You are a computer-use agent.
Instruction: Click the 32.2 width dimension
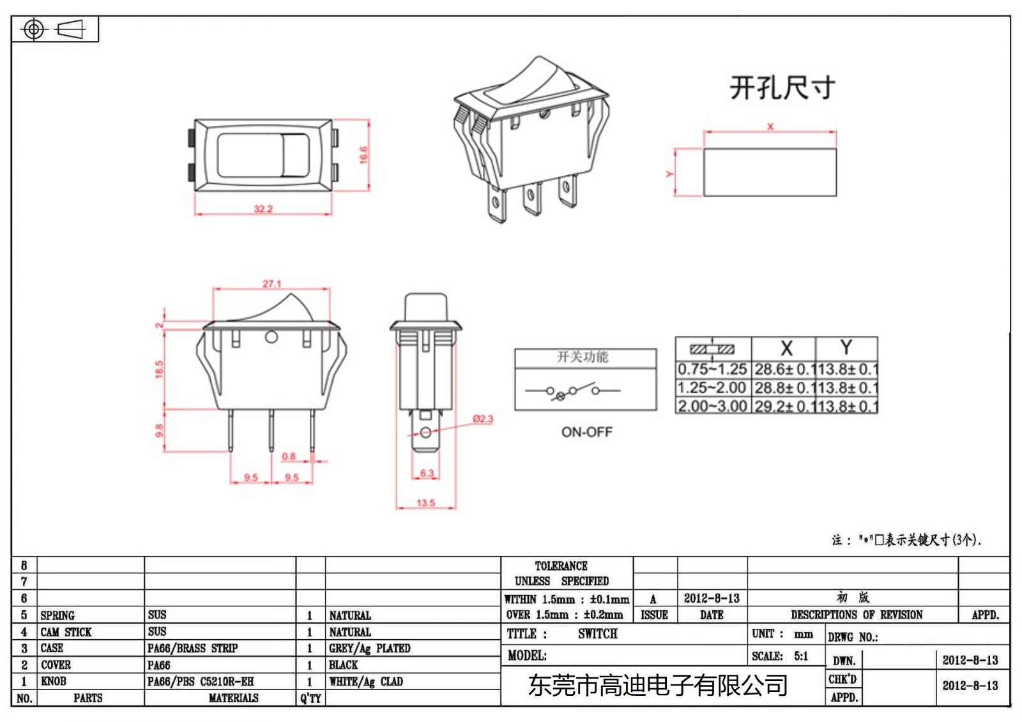[263, 209]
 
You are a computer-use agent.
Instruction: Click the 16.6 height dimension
[363, 154]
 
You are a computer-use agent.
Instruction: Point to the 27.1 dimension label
[271, 283]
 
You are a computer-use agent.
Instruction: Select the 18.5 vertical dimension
[159, 369]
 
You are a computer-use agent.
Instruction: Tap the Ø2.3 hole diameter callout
[483, 419]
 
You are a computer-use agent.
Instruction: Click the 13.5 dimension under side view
[425, 502]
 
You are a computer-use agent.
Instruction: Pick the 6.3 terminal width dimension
[427, 473]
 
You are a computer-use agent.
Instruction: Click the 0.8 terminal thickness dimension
[289, 456]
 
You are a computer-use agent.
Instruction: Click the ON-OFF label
[586, 432]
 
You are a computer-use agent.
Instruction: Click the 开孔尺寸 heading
[782, 88]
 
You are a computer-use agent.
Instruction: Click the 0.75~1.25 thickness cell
[712, 369]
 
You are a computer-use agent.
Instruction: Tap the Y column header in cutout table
[846, 348]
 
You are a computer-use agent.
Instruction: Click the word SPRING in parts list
[57, 615]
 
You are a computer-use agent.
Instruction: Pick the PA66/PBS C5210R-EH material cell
[201, 682]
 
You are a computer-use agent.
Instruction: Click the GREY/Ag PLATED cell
[369, 649]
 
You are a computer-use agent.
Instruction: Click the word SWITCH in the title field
[597, 634]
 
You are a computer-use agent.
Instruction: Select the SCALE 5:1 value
[801, 656]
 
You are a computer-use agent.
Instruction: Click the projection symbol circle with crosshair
[34, 29]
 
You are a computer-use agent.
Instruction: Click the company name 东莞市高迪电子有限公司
[657, 686]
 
